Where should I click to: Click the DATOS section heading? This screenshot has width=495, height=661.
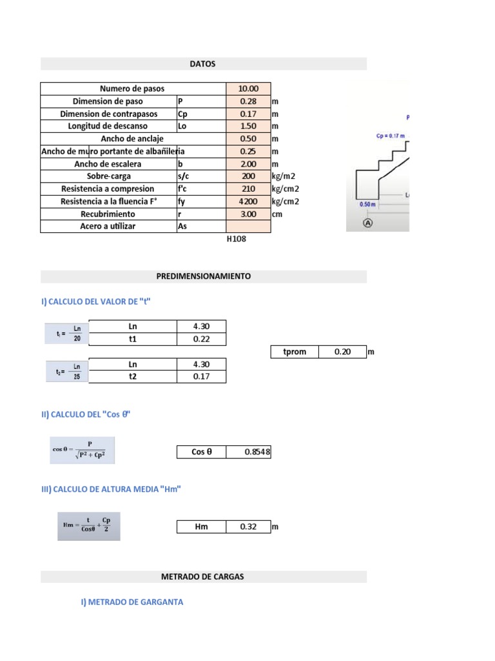coord(202,64)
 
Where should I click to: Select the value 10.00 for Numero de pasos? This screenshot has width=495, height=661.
coord(248,88)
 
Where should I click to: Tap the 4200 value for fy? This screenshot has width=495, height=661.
coord(248,201)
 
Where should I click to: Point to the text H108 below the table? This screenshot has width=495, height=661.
coord(237,239)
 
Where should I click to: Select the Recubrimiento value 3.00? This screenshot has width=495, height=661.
coord(248,214)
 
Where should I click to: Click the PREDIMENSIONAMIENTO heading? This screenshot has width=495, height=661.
coord(203,276)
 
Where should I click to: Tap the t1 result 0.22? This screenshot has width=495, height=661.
coord(201,340)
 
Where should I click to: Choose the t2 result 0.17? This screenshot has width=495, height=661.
coord(201,377)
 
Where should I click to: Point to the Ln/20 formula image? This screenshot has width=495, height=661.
coord(67,332)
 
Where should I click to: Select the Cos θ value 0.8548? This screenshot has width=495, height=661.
coord(257,453)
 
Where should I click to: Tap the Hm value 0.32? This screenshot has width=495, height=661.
coord(248,527)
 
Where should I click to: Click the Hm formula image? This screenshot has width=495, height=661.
coord(88,525)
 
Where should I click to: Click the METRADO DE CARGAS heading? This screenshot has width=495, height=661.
coord(202,576)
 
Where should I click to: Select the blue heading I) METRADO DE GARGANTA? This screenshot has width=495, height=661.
coord(132,602)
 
